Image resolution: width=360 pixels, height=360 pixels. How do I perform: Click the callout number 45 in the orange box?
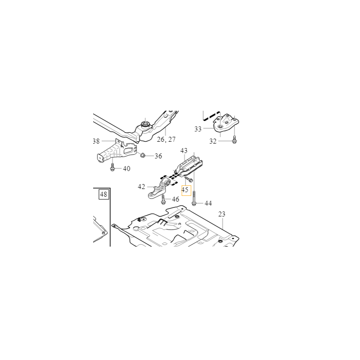tap(185, 190)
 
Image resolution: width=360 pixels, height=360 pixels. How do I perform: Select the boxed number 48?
tap(103, 194)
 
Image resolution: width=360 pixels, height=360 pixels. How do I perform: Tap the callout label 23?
tap(222, 214)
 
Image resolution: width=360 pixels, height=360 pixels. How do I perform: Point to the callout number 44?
tap(208, 203)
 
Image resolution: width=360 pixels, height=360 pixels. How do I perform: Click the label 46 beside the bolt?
tap(175, 199)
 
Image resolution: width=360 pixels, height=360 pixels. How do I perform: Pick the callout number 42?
tap(141, 187)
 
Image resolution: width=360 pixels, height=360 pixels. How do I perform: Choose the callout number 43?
tap(184, 151)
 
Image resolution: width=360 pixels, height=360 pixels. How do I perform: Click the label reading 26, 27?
tap(166, 139)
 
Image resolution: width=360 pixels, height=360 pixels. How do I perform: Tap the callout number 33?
tap(198, 129)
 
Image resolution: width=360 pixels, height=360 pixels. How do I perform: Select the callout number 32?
tap(213, 141)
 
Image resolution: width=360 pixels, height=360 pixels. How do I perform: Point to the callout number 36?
tap(158, 156)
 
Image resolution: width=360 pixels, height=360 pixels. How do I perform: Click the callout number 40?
tap(126, 169)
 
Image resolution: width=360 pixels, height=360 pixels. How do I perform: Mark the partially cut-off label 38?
tap(96, 141)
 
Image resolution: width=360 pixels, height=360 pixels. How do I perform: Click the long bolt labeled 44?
tap(194, 198)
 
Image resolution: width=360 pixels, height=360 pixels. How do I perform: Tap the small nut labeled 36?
tap(143, 155)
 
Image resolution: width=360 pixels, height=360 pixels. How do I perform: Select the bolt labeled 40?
tap(112, 167)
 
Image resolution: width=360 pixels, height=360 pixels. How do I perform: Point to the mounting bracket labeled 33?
tap(226, 123)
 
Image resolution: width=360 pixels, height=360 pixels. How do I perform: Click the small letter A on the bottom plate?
tap(180, 224)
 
